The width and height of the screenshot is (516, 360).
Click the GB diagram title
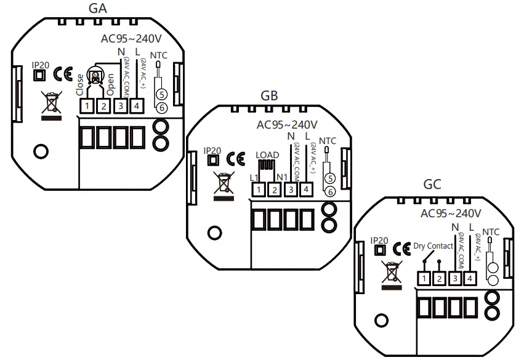[269, 95]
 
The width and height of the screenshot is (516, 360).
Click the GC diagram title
[432, 185]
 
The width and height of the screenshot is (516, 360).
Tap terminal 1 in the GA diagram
[87, 106]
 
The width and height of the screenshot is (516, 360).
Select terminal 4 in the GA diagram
[135, 106]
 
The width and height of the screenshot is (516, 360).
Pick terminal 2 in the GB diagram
[275, 190]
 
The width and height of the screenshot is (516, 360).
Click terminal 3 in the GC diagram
[455, 279]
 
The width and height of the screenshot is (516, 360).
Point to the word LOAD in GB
[267, 154]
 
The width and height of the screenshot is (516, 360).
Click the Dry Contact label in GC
[433, 246]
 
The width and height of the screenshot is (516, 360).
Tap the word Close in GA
[80, 85]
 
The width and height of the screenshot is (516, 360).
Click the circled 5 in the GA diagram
[160, 95]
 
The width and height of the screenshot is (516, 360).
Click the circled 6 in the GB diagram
[330, 191]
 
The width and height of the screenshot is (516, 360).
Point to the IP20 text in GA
[40, 63]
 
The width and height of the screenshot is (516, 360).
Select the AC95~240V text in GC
[450, 214]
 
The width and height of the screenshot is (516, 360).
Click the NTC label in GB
[328, 141]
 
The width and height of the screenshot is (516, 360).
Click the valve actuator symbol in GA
[95, 76]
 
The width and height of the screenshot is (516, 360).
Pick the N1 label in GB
[282, 178]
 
